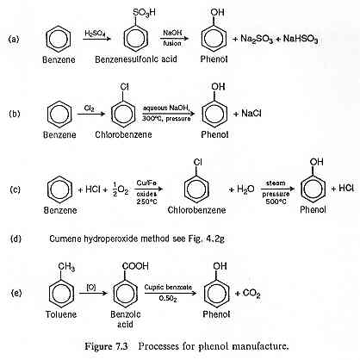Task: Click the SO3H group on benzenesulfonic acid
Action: pyautogui.click(x=144, y=13)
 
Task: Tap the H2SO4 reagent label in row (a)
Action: pyautogui.click(x=95, y=34)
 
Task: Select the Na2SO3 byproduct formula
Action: pyautogui.click(x=257, y=39)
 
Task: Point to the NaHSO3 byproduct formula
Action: pyautogui.click(x=301, y=39)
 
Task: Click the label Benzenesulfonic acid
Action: pyautogui.click(x=136, y=59)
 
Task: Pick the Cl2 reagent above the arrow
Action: pyautogui.click(x=90, y=109)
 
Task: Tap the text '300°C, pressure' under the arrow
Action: pyautogui.click(x=166, y=118)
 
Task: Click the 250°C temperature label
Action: pyautogui.click(x=146, y=202)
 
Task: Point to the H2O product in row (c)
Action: pyautogui.click(x=245, y=189)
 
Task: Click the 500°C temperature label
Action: pyautogui.click(x=276, y=202)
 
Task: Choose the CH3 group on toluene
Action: pyautogui.click(x=66, y=267)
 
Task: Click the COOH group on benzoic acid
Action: pyautogui.click(x=135, y=266)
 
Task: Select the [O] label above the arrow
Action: pyautogui.click(x=90, y=287)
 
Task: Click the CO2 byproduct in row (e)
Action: pyautogui.click(x=251, y=294)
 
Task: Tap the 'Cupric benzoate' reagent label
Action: pyautogui.click(x=168, y=287)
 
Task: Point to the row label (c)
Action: pyautogui.click(x=15, y=189)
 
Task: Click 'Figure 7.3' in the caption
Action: pyautogui.click(x=106, y=346)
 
